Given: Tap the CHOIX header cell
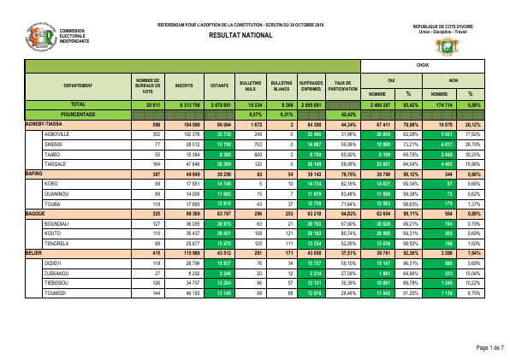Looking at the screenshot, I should pos(423,65).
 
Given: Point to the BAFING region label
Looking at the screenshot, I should pos(35,172).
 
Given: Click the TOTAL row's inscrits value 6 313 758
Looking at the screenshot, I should pos(182,103).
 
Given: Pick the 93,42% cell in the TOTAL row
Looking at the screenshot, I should pos(409,103).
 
